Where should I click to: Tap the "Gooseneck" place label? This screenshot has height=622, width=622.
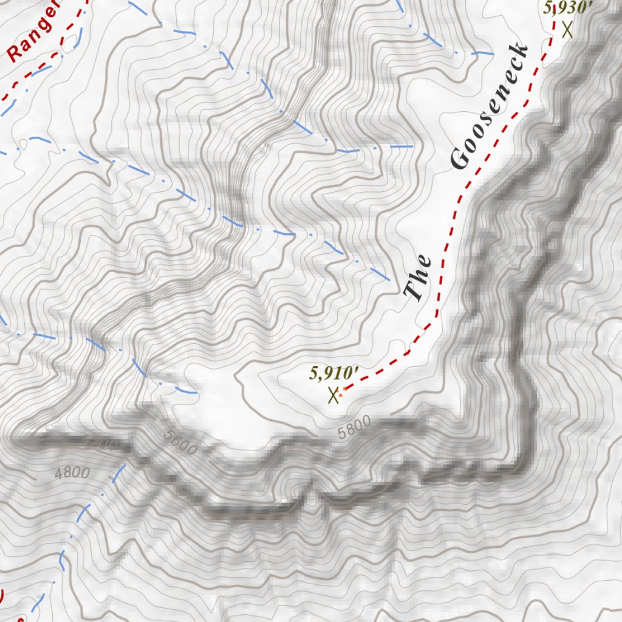click(488, 108)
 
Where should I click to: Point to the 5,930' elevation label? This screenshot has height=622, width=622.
click(567, 8)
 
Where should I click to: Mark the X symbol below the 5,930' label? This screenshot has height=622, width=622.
click(568, 29)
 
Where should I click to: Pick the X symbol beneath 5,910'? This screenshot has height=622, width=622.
click(333, 395)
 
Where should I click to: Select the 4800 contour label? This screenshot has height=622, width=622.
click(72, 473)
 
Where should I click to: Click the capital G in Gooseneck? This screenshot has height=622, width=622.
click(460, 159)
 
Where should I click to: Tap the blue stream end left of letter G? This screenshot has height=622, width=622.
click(413, 146)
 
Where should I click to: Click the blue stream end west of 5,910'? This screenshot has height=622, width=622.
click(194, 392)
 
